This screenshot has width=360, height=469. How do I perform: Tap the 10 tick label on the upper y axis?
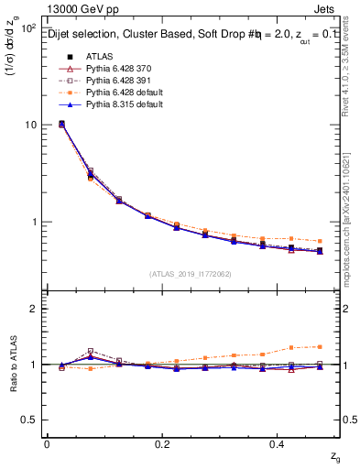[29, 125]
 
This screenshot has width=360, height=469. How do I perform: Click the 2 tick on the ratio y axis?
[33, 309]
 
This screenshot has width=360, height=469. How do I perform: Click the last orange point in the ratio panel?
[319, 346]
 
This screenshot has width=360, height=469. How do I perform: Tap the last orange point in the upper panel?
[319, 242]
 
